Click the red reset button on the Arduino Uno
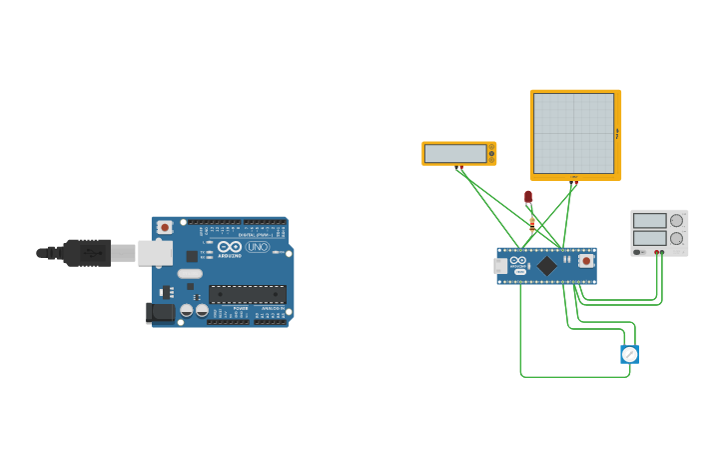[x=165, y=228]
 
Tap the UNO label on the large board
[x=257, y=247]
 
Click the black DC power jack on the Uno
[x=160, y=313]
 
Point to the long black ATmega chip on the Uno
[x=248, y=294]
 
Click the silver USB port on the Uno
[x=155, y=253]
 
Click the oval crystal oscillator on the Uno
[x=190, y=274]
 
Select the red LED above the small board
[x=528, y=197]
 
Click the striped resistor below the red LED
[x=532, y=223]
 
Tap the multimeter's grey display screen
[x=455, y=153]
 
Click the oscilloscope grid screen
[x=573, y=133]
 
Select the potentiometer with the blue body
[x=629, y=354]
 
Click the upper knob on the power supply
[x=676, y=221]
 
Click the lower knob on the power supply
[x=676, y=238]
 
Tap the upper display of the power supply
[x=649, y=221]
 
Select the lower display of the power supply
[x=649, y=238]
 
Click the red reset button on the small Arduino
[x=585, y=261]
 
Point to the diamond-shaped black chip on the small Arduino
[x=547, y=266]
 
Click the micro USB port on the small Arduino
[x=500, y=266]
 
